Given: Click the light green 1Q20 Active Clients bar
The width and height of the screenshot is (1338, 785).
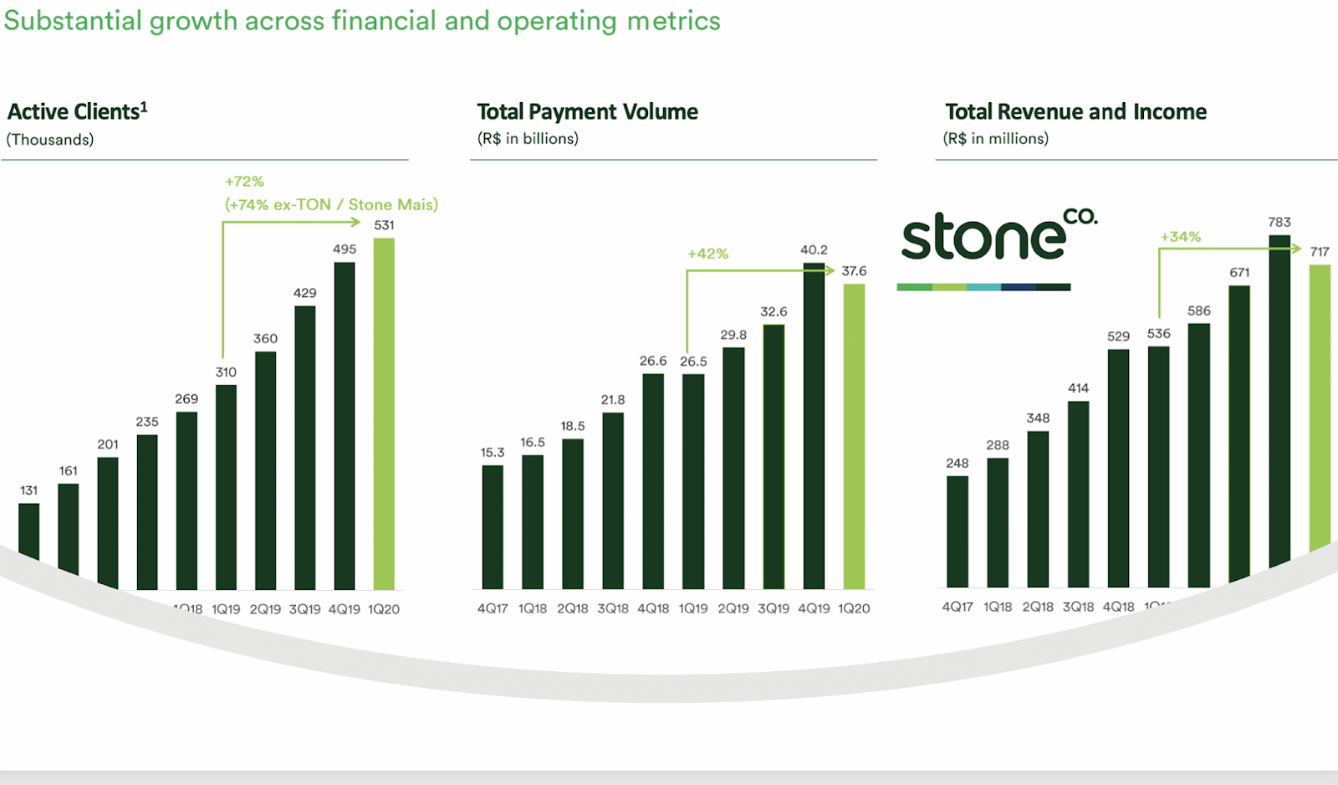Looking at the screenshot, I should [x=384, y=414].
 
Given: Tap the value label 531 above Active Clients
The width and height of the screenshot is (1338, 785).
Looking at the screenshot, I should [x=384, y=225].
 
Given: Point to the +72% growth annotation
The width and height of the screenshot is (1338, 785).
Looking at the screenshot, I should [x=244, y=182].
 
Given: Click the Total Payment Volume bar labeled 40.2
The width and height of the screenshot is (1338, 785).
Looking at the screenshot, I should [x=814, y=426].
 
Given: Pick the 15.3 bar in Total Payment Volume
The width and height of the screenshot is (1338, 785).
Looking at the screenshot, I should [x=493, y=527].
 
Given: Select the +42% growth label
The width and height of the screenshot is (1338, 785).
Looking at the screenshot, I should [x=707, y=254].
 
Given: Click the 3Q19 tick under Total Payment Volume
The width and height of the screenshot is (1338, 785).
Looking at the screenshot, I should [x=774, y=609].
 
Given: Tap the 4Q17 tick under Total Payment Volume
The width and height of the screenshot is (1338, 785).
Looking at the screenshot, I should [x=493, y=609].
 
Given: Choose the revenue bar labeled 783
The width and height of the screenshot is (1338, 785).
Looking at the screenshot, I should [x=1279, y=402].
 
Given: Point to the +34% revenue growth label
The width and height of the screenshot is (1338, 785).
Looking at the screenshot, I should [x=1180, y=237].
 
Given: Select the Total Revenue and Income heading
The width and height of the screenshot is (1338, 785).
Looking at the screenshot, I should [x=1075, y=112].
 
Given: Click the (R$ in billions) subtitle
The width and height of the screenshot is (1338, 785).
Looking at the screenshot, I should [x=528, y=139].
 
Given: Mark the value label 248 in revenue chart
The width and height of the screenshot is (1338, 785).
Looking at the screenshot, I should [x=958, y=464].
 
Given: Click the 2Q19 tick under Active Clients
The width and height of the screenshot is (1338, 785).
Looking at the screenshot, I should [x=265, y=609].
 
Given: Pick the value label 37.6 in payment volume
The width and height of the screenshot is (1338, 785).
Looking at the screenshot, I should [x=854, y=271].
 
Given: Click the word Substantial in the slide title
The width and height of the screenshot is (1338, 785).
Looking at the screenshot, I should [x=73, y=21].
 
